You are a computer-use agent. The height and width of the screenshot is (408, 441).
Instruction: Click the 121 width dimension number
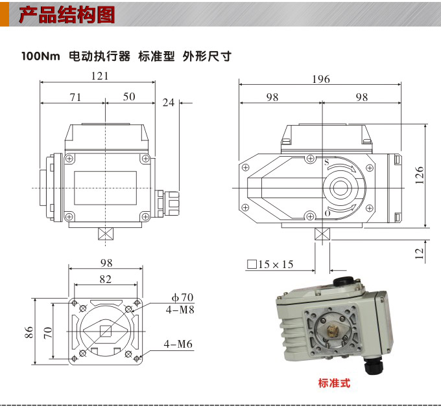[99, 76]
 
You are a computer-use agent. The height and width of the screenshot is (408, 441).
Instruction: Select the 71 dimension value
[75, 97]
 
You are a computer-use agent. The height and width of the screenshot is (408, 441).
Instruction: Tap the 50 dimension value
[129, 97]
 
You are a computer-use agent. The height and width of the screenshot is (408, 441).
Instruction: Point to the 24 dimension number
[169, 102]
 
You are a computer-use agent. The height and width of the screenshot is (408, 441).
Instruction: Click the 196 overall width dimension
[320, 80]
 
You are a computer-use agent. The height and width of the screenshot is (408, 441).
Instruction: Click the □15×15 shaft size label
[270, 264]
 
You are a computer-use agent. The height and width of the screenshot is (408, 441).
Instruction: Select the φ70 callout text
[182, 297]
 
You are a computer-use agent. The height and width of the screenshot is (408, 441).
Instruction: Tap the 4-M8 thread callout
[180, 310]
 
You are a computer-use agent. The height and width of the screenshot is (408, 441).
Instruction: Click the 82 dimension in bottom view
[106, 279]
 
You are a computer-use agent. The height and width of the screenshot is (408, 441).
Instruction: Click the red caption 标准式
[334, 383]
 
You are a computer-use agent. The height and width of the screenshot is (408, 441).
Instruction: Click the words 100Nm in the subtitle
[40, 56]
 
